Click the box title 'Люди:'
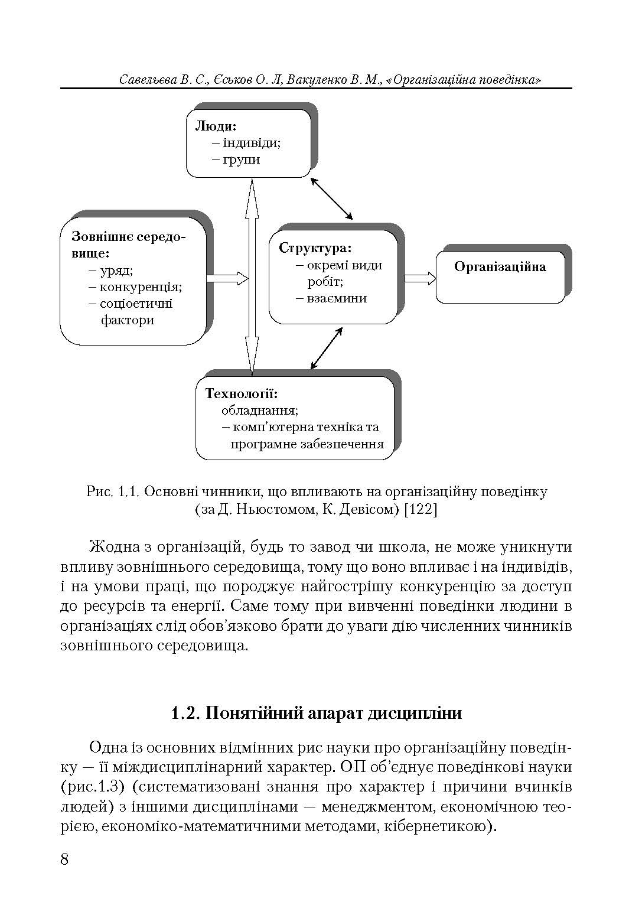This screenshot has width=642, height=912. [x=216, y=126]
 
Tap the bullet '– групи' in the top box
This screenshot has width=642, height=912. [x=236, y=159]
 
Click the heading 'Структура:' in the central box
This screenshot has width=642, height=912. [x=315, y=248]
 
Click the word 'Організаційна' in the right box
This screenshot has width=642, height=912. [x=500, y=267]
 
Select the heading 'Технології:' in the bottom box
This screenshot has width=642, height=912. [x=242, y=393]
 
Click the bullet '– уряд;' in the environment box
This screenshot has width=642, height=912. [x=111, y=271]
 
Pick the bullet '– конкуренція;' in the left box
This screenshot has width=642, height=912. [x=136, y=287]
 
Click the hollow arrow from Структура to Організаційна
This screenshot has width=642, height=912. [x=420, y=279]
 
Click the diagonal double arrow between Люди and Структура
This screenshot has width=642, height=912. [x=332, y=198]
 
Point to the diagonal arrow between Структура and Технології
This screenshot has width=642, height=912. [x=327, y=348]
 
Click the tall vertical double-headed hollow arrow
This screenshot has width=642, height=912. [x=252, y=278]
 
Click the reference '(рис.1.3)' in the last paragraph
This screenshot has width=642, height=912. [x=89, y=786]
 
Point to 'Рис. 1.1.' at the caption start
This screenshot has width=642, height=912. [x=112, y=491]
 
